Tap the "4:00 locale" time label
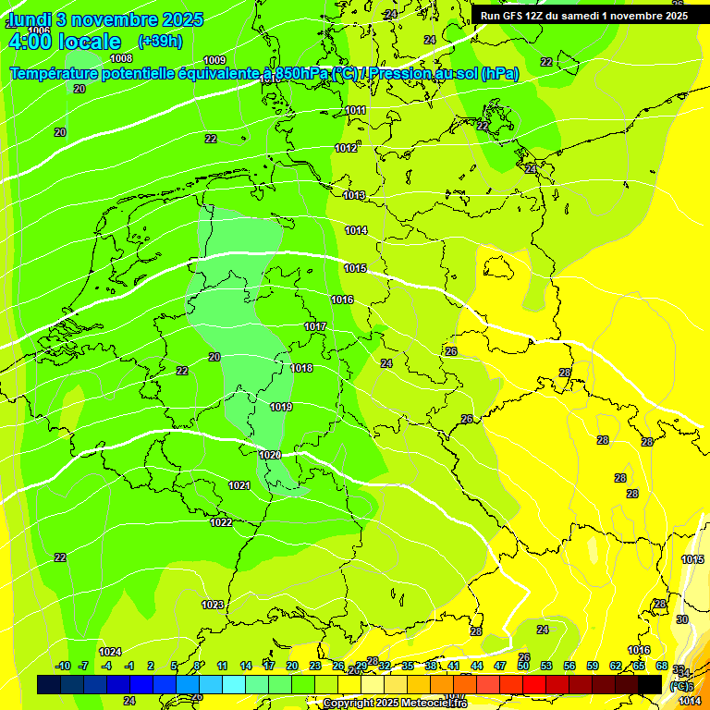[64, 42]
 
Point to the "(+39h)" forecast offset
[159, 42]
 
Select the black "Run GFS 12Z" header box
[583, 16]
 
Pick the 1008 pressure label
[121, 58]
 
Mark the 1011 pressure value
[355, 111]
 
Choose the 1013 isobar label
[354, 196]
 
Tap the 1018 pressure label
[301, 369]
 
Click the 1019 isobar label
[282, 408]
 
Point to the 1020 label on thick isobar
[270, 456]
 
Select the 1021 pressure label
[239, 486]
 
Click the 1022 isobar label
[221, 523]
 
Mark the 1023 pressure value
[213, 606]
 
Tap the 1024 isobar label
[111, 653]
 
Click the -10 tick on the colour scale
[63, 667]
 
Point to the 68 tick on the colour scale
[662, 667]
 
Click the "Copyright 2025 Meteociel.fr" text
[395, 704]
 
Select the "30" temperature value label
[682, 620]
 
